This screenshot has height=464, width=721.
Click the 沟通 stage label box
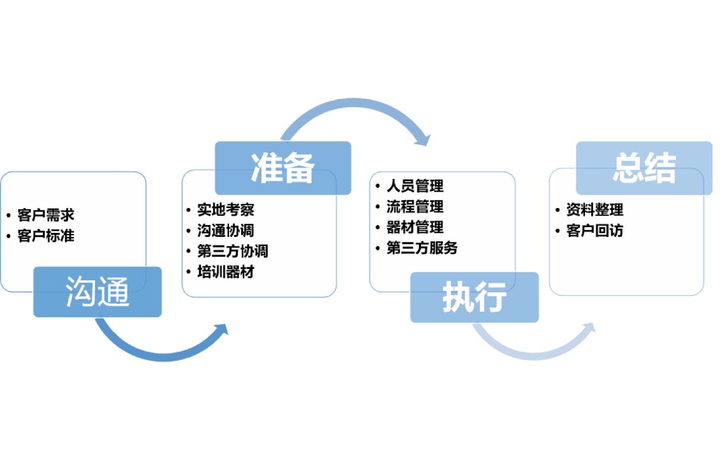(98, 292)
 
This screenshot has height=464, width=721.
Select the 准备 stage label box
(283, 168)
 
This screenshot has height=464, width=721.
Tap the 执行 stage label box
(474, 297)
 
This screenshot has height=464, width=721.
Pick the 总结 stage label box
(644, 168)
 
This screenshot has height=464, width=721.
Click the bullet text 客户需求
(46, 215)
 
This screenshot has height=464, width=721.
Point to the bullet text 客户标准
(46, 236)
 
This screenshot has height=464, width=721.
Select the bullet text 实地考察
(226, 209)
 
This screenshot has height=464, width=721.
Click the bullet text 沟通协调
(226, 230)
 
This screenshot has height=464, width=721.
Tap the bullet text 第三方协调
(233, 251)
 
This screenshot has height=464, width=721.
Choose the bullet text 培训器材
(226, 272)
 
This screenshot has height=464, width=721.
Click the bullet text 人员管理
(415, 186)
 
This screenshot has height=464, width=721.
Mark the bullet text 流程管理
(415, 206)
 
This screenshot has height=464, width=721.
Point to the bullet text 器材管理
(415, 227)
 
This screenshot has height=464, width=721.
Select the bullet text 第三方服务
(422, 248)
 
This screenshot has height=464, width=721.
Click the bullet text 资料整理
(595, 209)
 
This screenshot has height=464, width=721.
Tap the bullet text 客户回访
(595, 230)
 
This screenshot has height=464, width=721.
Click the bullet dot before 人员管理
(378, 186)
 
